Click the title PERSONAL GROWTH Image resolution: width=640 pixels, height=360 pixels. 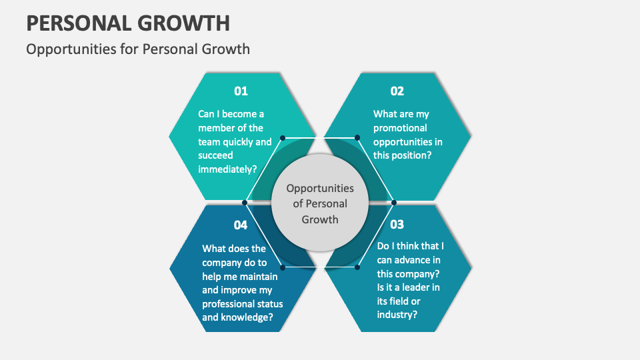click(128, 23)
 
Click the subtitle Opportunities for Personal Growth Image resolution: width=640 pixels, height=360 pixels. click(138, 49)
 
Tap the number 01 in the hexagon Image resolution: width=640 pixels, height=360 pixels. click(240, 91)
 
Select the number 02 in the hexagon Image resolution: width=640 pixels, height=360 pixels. click(397, 91)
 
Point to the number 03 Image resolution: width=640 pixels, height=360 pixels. click(397, 224)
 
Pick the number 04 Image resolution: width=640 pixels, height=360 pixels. click(240, 225)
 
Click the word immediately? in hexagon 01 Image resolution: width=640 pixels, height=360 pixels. click(227, 169)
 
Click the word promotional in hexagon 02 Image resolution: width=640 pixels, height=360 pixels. click(400, 128)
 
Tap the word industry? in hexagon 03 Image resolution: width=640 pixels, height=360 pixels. click(397, 314)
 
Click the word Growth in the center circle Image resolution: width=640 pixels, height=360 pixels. click(320, 219)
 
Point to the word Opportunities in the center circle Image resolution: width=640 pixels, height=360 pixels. click(320, 189)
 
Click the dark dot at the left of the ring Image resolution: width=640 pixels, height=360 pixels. click(245, 202)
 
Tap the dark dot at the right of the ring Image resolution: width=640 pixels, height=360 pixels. click(394, 202)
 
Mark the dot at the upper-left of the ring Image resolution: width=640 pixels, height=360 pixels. click(283, 138)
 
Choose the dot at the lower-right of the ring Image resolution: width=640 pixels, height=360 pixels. click(357, 267)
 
